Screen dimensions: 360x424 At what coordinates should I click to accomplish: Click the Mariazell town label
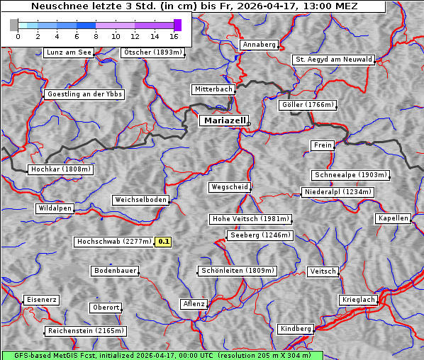tap(223, 120)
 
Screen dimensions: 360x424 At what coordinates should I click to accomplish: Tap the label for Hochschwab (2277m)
tap(113, 242)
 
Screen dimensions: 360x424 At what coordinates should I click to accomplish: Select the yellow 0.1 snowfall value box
tap(164, 242)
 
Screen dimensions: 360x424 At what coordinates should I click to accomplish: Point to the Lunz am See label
tap(69, 52)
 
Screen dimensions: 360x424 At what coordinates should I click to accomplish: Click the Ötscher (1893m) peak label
tap(152, 52)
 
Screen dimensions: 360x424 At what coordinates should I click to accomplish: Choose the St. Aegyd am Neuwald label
tap(333, 60)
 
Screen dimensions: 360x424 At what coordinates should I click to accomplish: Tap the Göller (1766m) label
tap(307, 105)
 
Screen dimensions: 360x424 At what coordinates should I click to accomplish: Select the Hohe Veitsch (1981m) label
tap(250, 219)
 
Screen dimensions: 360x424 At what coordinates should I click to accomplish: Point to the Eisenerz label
tap(41, 300)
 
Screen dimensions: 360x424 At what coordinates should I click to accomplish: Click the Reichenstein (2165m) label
tap(86, 331)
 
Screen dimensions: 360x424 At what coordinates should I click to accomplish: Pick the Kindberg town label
tap(296, 329)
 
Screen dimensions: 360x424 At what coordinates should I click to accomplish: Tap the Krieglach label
tap(358, 300)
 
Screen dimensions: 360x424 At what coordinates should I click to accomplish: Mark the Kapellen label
tap(393, 218)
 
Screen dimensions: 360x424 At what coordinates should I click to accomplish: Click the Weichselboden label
tap(141, 200)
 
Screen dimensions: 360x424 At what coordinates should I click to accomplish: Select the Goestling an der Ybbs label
tap(84, 94)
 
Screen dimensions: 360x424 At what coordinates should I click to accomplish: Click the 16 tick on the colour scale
tap(174, 36)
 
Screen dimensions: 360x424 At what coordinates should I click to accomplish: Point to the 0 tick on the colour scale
tap(18, 36)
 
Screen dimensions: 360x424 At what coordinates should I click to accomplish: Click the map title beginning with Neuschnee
tap(194, 6)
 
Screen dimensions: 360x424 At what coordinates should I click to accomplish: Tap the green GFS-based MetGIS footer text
tap(162, 355)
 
